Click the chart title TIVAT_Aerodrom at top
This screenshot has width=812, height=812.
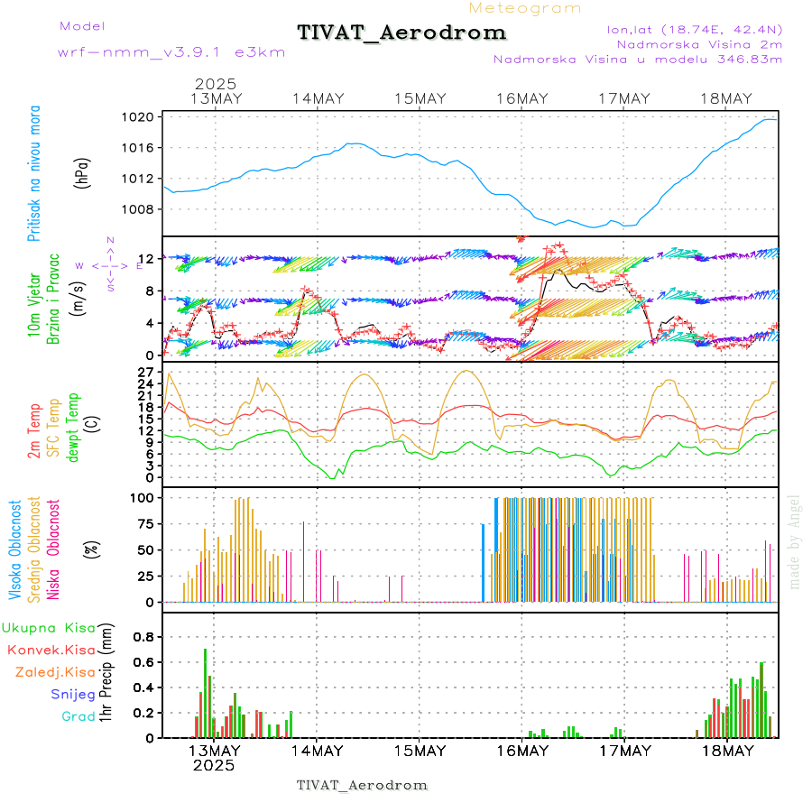click(x=401, y=33)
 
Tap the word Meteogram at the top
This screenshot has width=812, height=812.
click(x=525, y=8)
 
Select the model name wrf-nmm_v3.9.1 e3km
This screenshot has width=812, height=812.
click(x=171, y=52)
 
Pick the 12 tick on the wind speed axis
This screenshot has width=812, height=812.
click(x=150, y=259)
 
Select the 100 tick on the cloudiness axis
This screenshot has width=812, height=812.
click(x=145, y=497)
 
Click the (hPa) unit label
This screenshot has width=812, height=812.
click(x=82, y=171)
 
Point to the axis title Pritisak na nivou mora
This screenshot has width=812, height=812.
click(x=34, y=173)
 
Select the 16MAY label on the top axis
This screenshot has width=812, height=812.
click(x=522, y=99)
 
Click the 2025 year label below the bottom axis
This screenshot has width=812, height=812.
click(x=214, y=765)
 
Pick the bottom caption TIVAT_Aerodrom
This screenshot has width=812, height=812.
click(x=362, y=785)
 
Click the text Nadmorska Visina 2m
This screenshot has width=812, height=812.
click(x=699, y=43)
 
